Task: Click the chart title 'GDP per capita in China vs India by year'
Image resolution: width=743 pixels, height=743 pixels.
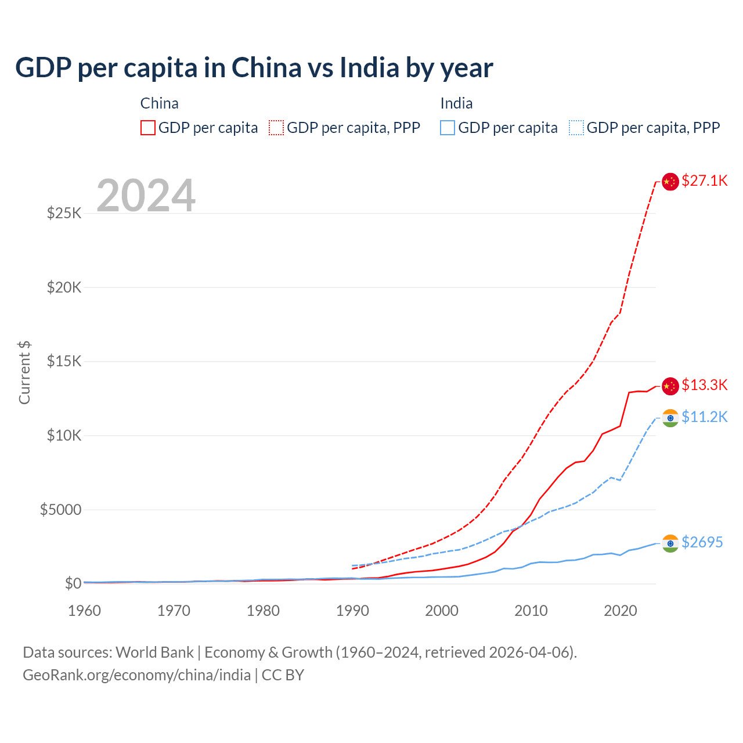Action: coord(254,68)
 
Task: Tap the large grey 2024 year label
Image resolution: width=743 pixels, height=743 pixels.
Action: coord(146,196)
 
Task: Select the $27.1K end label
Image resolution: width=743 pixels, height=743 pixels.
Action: coord(704,181)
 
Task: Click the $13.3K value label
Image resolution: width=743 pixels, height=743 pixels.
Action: coord(704,385)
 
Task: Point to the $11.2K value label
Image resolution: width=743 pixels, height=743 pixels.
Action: coord(704,417)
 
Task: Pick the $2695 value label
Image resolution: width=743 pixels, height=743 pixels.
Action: coord(702,542)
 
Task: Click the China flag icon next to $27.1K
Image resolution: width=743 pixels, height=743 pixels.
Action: coord(670,182)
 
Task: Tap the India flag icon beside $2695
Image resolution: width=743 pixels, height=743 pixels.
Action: coord(670,543)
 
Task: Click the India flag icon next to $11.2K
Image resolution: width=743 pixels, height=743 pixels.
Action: coord(670,418)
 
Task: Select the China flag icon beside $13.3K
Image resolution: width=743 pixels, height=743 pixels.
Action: coord(670,386)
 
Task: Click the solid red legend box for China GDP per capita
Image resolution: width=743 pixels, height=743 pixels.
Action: coord(148,128)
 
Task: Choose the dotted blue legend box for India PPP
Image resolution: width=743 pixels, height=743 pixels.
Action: coord(576,128)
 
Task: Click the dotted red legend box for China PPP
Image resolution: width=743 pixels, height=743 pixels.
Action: coord(276,128)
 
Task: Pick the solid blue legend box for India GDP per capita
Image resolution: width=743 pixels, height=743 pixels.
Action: coord(448,128)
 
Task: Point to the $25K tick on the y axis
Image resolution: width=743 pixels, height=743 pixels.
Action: coord(64,213)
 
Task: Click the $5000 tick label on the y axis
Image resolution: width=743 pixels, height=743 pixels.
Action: coord(60,510)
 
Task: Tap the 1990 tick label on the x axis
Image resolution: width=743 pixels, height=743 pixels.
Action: coord(352,611)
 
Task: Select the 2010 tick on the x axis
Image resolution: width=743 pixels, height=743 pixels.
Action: coord(531,611)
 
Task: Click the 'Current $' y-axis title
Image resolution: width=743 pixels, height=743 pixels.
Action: coord(24,373)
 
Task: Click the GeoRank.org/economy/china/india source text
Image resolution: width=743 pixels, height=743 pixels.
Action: coord(136,675)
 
